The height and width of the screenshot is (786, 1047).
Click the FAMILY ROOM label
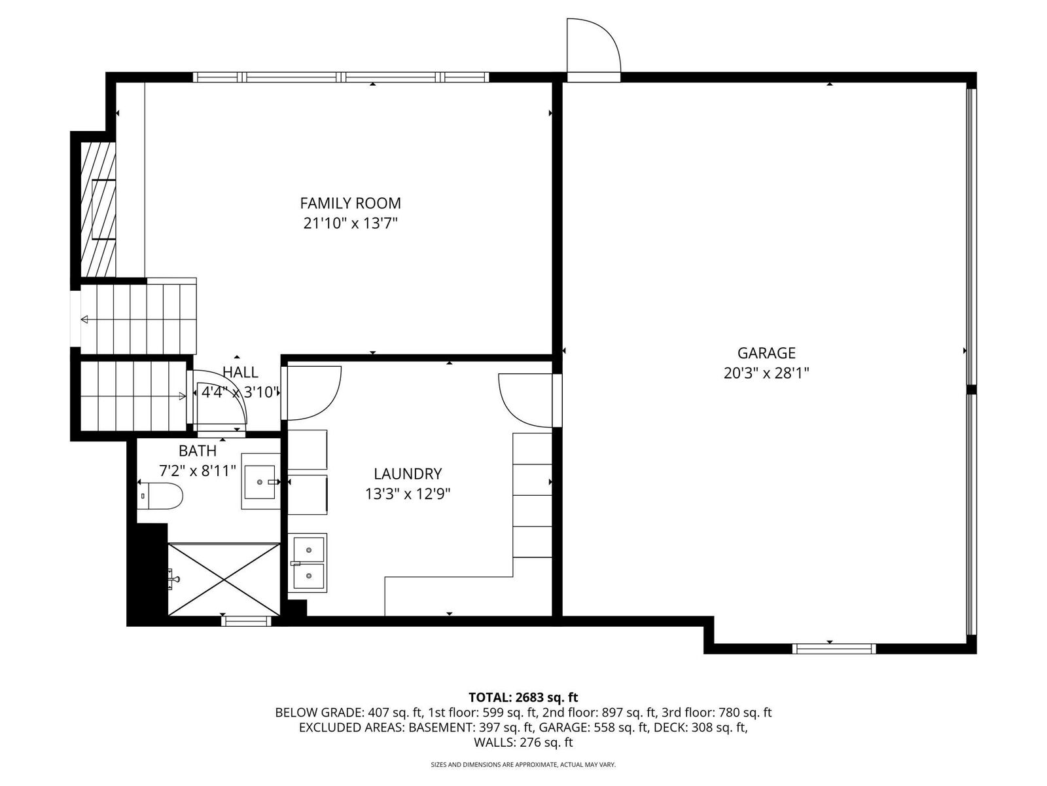coord(350,203)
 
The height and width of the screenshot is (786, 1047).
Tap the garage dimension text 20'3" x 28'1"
coord(766,373)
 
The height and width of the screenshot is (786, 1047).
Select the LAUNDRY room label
coord(408,474)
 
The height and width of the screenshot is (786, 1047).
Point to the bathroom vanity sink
coord(261,481)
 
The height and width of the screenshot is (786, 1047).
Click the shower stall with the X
coord(224,579)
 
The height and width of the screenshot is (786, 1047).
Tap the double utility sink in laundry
coord(308,563)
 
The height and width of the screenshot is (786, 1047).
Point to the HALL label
coord(240,372)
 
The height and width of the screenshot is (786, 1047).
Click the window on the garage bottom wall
coord(833,648)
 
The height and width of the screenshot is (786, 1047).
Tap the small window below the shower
coord(246,621)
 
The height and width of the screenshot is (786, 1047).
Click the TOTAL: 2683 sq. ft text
coord(523,698)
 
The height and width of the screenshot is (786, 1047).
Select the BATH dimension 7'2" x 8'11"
coord(198,470)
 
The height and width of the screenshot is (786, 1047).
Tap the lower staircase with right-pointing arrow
coord(133,395)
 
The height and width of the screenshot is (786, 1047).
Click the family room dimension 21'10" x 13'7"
coord(350,223)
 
